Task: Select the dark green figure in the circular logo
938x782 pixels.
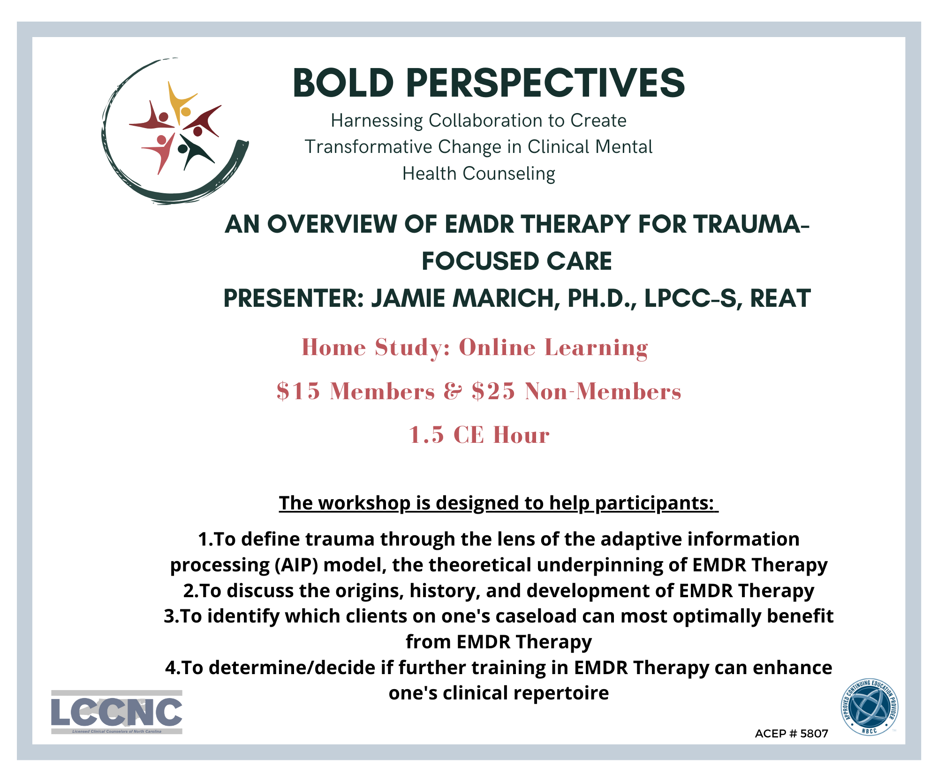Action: point(194,152)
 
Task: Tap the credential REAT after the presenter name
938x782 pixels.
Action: point(780,298)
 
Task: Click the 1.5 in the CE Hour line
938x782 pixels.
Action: point(426,434)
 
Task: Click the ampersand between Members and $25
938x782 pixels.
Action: point(453,391)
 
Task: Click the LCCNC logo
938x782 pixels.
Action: point(117,712)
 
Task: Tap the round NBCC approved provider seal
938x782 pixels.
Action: point(870,707)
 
